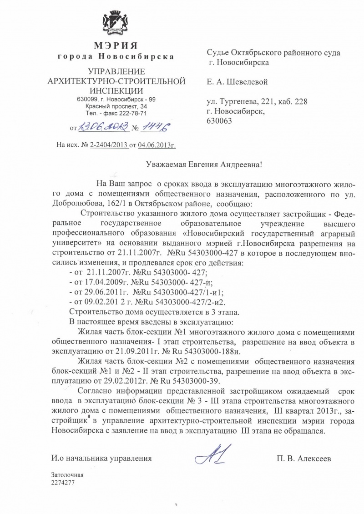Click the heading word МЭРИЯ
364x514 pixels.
tap(116, 45)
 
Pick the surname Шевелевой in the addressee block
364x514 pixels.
tap(243, 82)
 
